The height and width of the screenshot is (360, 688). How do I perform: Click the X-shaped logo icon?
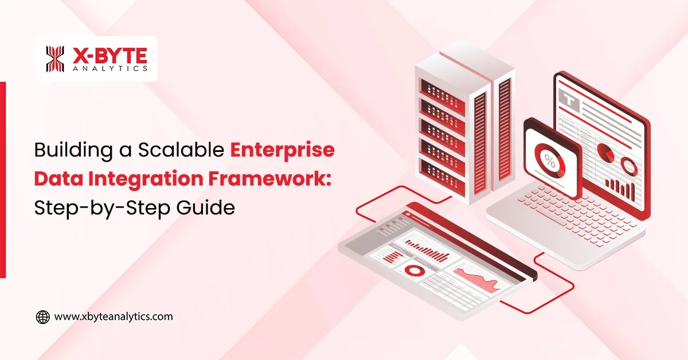click(x=56, y=59)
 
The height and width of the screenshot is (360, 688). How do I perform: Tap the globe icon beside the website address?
click(x=42, y=316)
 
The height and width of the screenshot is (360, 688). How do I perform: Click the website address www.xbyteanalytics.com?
click(x=113, y=316)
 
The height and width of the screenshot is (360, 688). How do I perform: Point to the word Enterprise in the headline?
click(x=282, y=151)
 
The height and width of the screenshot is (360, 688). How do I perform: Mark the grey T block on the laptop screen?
click(x=570, y=101)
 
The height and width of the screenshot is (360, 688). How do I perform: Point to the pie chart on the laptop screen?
click(x=605, y=152)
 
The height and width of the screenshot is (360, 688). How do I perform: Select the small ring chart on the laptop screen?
click(x=629, y=166)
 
